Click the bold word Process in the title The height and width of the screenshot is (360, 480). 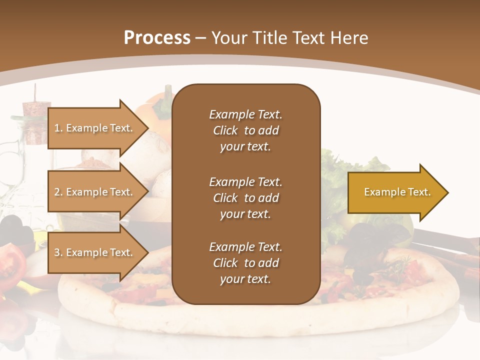coord(157,38)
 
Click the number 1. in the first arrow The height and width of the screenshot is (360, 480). coord(58,128)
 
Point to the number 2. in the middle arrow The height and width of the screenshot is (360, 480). coord(58,192)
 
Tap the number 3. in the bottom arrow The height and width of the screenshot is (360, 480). coord(58,252)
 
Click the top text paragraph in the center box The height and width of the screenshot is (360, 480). coord(245,130)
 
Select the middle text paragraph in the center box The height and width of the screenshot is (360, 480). coord(245,198)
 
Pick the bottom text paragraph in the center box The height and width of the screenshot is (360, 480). coord(245,263)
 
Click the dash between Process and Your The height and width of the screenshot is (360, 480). coord(201,38)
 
